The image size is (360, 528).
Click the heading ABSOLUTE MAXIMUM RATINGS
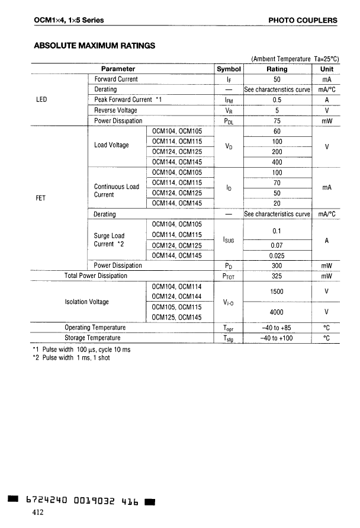point(95,45)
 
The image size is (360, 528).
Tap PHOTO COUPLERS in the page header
point(303,20)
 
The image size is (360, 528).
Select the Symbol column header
point(228,69)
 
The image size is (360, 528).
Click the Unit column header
point(326,69)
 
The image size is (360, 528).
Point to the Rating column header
point(277,69)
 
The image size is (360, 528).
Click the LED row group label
point(41,100)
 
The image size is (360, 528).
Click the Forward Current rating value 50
point(277,79)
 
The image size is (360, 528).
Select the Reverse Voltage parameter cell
point(115,110)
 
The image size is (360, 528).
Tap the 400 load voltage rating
point(277,162)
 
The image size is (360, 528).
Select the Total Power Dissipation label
point(96,276)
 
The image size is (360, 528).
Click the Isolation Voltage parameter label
point(86,302)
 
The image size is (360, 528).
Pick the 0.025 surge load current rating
point(277,255)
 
